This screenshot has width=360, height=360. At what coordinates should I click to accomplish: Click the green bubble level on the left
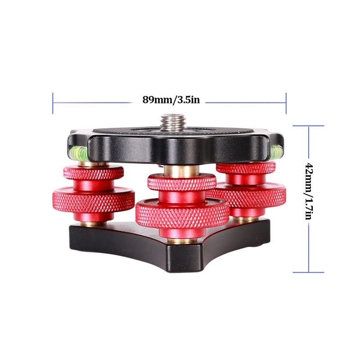tap(76, 152)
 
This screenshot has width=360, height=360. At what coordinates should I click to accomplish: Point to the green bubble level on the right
tap(275, 151)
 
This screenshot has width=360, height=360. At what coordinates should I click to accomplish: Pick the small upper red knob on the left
tap(94, 173)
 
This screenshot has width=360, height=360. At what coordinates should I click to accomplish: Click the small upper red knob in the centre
tap(181, 182)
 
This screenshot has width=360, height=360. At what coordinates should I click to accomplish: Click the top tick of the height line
tap(308, 126)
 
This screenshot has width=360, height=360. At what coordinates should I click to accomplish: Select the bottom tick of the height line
tap(308, 272)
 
